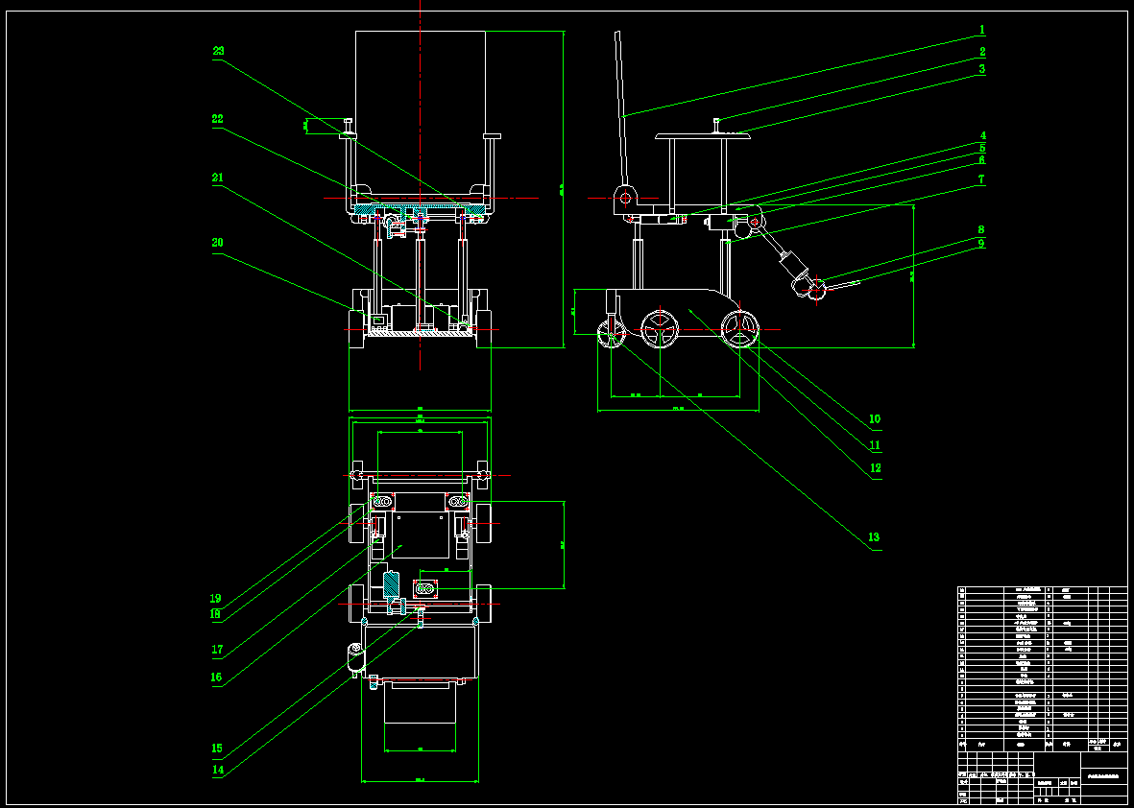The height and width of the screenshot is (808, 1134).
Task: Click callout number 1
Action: tap(982, 30)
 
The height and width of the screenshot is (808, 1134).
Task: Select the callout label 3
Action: tap(982, 69)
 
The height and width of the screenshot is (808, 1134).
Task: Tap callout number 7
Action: tap(981, 179)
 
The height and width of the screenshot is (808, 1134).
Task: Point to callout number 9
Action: tap(981, 243)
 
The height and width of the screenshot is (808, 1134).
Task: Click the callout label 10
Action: tap(875, 419)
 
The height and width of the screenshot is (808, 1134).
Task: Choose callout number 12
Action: tap(875, 469)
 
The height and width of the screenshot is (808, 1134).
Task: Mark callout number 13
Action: tap(874, 537)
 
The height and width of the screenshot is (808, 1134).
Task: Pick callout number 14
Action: tap(218, 770)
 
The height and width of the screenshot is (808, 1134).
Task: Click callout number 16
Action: tap(217, 677)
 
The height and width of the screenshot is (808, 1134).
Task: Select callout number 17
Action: tap(217, 650)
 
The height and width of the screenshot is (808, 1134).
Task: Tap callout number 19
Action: tap(217, 599)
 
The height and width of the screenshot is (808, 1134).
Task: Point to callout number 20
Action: tap(217, 243)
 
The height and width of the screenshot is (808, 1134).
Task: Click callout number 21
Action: tap(217, 178)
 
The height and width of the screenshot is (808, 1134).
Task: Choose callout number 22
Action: tap(217, 119)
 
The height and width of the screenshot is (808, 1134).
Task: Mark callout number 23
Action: tap(218, 50)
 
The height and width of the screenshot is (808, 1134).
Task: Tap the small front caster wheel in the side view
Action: tap(612, 335)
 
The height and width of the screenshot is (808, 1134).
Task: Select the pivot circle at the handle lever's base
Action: tap(623, 199)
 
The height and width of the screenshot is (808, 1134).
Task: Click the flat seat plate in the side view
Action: tap(702, 137)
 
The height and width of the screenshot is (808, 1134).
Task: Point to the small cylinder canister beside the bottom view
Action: tap(354, 658)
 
